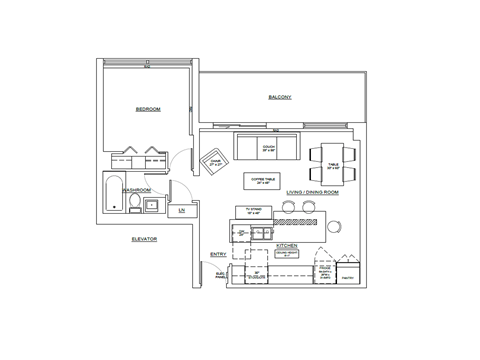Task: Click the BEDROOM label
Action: [x=148, y=108]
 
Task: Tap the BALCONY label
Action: [x=279, y=97]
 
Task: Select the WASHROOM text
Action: [x=136, y=188]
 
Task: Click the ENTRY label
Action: [x=218, y=254]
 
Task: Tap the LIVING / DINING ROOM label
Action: [x=314, y=191]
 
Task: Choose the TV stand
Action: [x=254, y=211]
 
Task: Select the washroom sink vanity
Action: [x=152, y=206]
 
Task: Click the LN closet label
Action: [x=181, y=211]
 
